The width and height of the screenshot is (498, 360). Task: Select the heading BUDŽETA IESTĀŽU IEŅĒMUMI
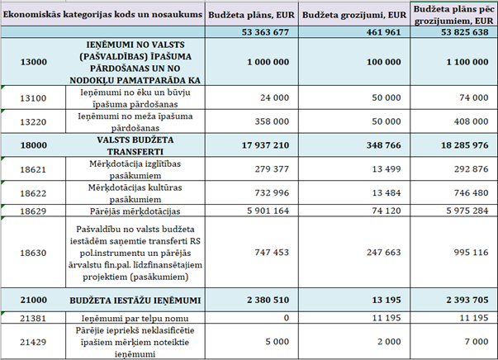(x=135, y=298)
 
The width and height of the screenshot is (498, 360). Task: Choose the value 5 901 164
(x=265, y=211)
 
